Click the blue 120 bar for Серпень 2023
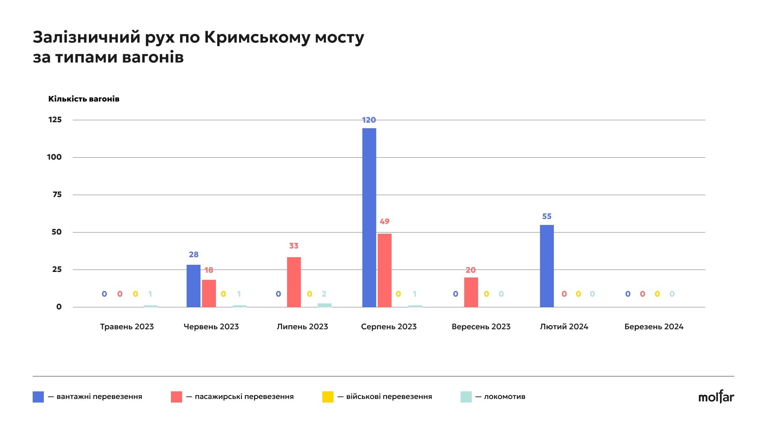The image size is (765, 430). tap(369, 217)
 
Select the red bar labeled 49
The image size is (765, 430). tap(384, 270)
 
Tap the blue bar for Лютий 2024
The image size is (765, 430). tap(547, 266)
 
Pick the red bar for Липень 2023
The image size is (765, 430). tap(294, 282)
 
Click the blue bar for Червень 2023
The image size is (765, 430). tap(193, 286)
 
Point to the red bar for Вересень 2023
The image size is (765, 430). tap(471, 292)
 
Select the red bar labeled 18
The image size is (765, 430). tap(209, 293)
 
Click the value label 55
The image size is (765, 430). tap(547, 217)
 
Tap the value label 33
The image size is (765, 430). tap(294, 246)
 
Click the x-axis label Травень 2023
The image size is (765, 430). tap(127, 327)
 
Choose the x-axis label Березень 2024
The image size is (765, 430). tap(653, 327)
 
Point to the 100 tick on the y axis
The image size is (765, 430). tap(55, 157)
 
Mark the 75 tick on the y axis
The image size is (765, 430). tap(57, 195)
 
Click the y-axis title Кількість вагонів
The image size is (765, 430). tap(84, 99)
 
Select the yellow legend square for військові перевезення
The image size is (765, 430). tap(328, 397)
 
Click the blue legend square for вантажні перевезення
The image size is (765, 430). tap(38, 397)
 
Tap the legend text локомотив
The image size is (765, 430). tap(504, 397)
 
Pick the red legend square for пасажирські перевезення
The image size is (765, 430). tap(176, 397)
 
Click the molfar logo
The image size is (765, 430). tap(716, 397)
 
